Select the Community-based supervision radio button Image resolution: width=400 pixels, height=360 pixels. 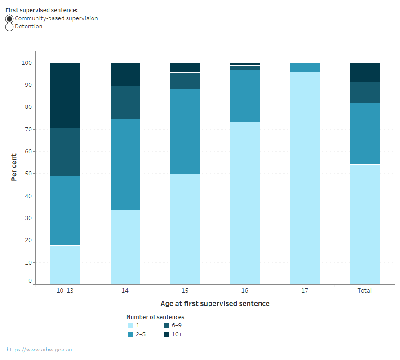[x=9, y=19]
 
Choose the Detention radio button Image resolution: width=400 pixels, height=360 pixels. [x=9, y=27]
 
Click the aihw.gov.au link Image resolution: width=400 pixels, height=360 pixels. [x=39, y=350]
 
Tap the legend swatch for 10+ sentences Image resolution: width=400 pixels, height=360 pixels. [x=166, y=334]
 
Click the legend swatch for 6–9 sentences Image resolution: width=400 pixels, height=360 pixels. [x=166, y=325]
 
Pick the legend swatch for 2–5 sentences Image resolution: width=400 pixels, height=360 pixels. [x=130, y=334]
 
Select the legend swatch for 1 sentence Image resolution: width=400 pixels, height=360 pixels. [x=130, y=325]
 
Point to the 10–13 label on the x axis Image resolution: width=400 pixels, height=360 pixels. [x=65, y=291]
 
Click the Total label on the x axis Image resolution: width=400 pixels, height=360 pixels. [x=364, y=291]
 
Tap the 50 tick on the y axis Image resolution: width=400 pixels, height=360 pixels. [x=28, y=174]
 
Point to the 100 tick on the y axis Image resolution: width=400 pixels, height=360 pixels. [x=27, y=63]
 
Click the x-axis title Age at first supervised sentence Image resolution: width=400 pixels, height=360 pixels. [x=215, y=304]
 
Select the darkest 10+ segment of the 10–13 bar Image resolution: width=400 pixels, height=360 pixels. [x=65, y=95]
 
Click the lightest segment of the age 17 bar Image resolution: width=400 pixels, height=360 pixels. [x=305, y=178]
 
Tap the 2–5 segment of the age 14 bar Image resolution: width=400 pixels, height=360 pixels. [x=125, y=164]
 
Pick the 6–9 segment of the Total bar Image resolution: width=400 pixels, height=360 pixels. [x=364, y=93]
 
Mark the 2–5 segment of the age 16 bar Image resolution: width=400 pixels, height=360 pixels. [x=245, y=96]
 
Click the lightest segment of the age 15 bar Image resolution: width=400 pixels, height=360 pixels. [x=185, y=229]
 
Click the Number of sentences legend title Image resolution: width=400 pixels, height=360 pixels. [x=155, y=317]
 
